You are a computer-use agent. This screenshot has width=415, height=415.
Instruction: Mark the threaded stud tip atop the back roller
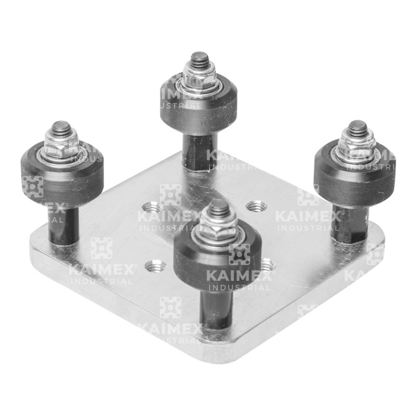click(x=198, y=59)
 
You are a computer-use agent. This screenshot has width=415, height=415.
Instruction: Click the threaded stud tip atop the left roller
click(x=61, y=128)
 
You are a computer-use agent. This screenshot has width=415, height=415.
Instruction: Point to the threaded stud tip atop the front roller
click(x=218, y=208)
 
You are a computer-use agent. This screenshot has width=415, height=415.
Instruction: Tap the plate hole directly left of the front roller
click(x=155, y=267)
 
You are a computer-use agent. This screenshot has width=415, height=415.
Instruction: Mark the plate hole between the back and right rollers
click(x=256, y=206)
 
